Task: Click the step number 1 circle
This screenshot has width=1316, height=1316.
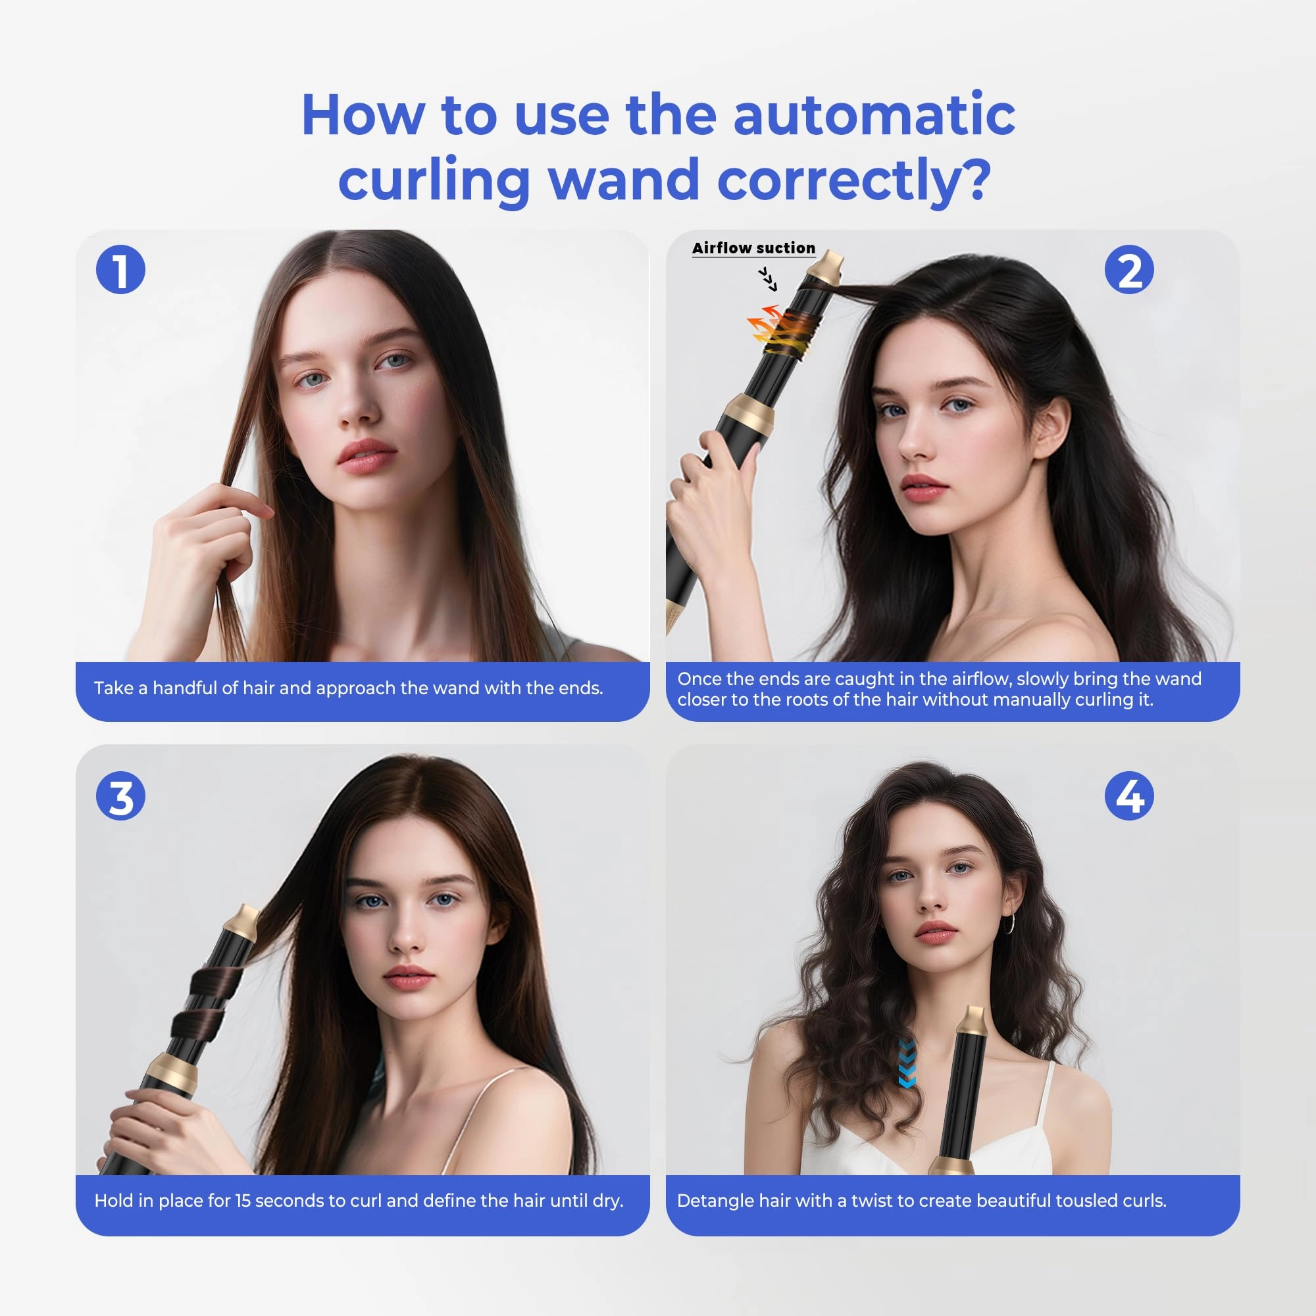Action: pos(120,270)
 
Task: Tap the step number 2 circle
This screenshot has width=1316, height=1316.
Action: pos(1129,270)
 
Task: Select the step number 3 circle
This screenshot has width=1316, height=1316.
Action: pos(120,796)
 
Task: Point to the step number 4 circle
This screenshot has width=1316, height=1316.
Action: pos(1129,796)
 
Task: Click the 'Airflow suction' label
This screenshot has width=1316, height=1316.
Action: pos(753,248)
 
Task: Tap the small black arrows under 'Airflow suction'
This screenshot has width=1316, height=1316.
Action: pos(768,279)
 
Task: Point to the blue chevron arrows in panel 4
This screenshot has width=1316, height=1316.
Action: pos(907,1063)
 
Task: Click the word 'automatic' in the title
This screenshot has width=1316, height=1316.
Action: pos(874,114)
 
